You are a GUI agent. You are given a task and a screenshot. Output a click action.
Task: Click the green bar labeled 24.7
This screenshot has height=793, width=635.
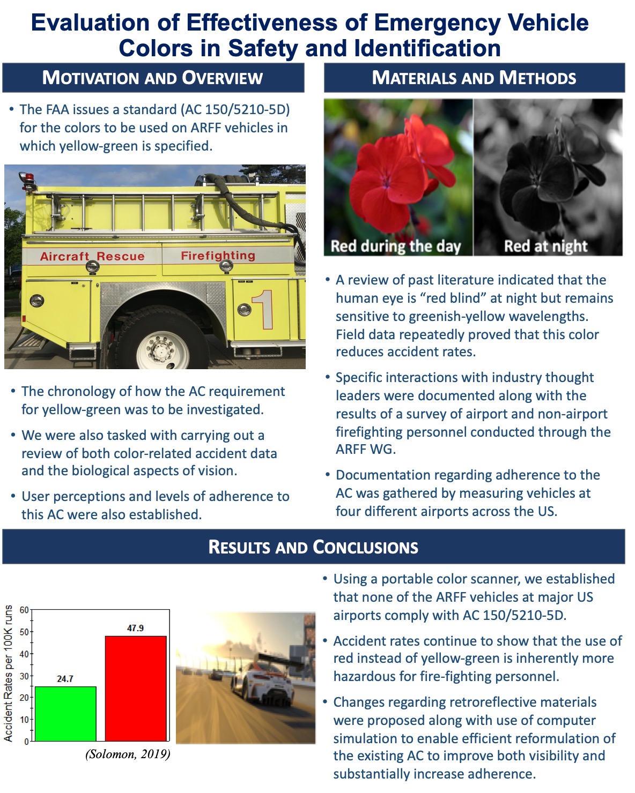[x=65, y=714]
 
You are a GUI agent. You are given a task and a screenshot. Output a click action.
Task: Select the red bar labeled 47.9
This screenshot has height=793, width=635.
[x=136, y=689]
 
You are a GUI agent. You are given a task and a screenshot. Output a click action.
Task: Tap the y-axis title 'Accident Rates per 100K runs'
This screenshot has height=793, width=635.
[x=8, y=673]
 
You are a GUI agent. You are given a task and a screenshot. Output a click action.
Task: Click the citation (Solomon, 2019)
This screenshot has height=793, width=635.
[x=128, y=754]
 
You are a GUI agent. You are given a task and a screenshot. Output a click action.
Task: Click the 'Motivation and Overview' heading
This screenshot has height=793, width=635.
[x=153, y=78]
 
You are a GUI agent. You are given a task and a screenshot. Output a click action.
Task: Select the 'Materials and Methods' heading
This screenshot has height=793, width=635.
[x=474, y=78]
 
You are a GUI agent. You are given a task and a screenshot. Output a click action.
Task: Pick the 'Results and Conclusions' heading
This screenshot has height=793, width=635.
[x=313, y=547]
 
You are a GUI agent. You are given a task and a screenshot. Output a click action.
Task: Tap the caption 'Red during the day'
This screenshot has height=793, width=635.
[x=395, y=246]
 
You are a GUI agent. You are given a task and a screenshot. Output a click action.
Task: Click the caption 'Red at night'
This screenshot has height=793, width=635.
[x=545, y=246]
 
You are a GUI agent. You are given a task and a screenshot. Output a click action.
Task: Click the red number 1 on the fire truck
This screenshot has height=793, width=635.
[x=264, y=309]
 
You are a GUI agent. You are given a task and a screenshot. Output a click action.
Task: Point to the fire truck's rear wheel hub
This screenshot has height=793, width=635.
[x=162, y=351]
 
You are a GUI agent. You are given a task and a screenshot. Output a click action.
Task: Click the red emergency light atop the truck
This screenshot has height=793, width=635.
[x=25, y=177]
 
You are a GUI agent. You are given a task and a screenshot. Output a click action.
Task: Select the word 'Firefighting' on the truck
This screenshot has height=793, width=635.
[x=218, y=256]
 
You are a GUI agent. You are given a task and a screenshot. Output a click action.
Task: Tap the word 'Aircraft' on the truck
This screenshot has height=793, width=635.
[x=64, y=257]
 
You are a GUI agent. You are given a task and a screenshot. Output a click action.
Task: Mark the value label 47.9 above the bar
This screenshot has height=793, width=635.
[x=136, y=628]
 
